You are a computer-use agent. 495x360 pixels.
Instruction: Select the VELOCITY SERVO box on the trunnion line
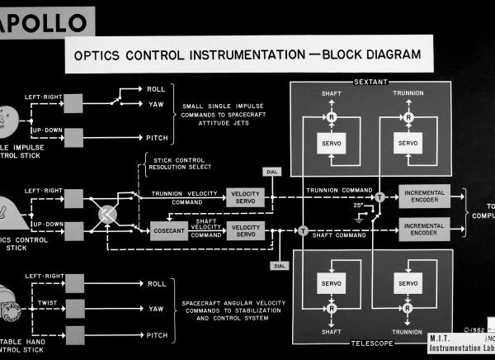[x=245, y=197]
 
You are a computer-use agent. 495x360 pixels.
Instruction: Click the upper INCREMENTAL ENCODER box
[x=424, y=197]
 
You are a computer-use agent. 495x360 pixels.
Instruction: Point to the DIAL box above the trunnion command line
[x=270, y=172]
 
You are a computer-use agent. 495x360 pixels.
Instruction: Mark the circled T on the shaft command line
[x=303, y=230]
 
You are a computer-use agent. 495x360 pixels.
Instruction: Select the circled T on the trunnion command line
[x=380, y=197]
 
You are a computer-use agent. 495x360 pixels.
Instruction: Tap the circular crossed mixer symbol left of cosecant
[x=109, y=214]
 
